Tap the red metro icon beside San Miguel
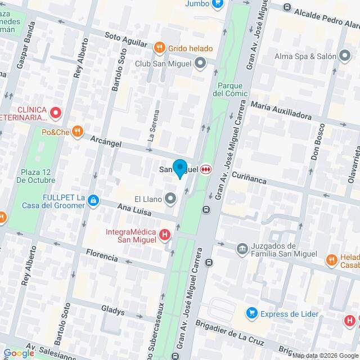pos(206,169)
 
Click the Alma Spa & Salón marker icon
pos(344,56)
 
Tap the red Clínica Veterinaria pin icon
pos(55,114)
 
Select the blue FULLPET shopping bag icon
pos(94,200)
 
